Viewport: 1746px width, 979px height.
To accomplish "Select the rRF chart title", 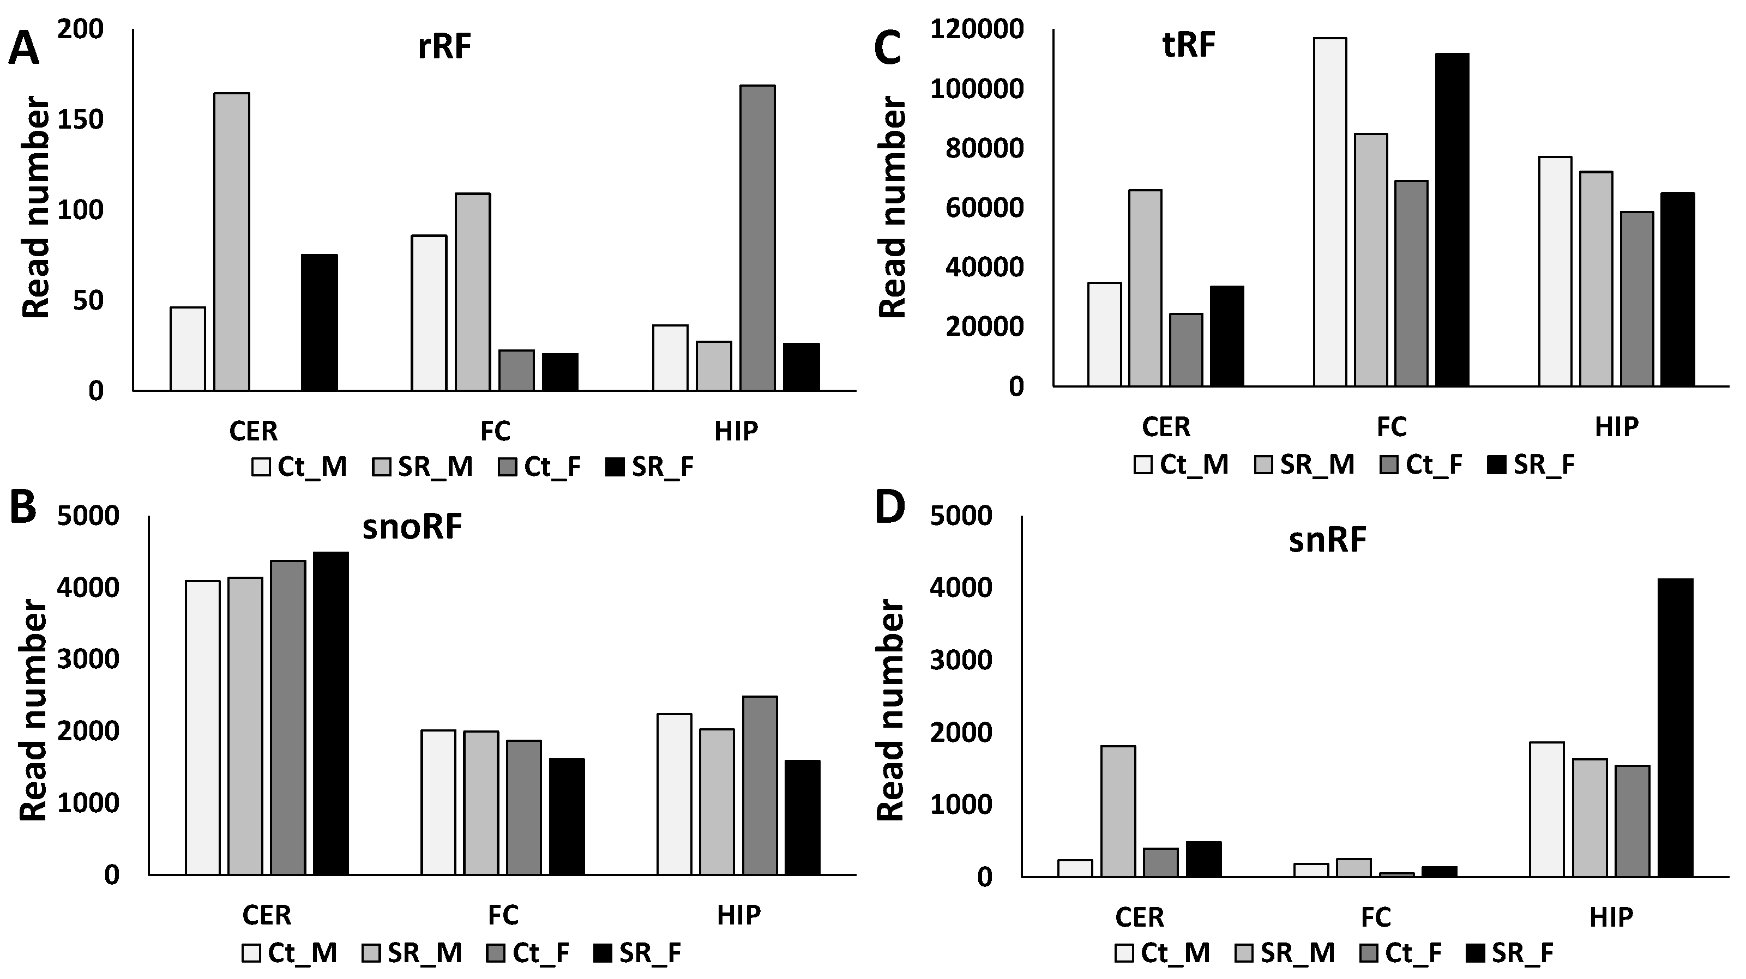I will coord(444,48).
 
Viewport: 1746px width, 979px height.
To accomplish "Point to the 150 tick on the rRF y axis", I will coord(80,120).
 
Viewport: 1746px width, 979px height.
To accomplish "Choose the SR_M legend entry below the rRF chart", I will coord(422,467).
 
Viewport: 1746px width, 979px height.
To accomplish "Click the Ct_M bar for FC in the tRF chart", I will coord(1330,211).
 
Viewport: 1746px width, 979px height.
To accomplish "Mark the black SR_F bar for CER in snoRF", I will coord(331,713).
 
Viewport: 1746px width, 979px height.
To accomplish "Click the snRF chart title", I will coord(1327,541).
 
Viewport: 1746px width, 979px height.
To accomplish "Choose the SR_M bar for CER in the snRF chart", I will coord(1118,811).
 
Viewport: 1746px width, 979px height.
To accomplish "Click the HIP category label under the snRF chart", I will coord(1611,917).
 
